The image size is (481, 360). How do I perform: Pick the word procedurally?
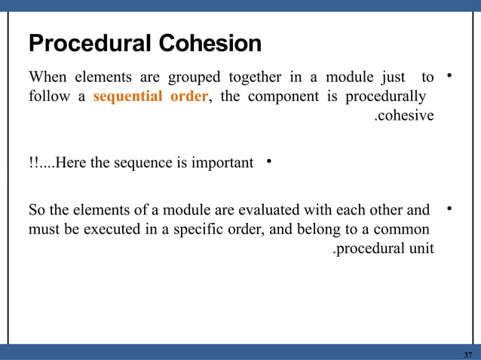tap(384, 97)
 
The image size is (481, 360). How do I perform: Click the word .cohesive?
tap(404, 116)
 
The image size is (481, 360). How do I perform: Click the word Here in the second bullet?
tap(71, 162)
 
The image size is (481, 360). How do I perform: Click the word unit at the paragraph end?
tap(421, 249)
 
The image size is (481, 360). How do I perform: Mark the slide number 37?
tap(468, 355)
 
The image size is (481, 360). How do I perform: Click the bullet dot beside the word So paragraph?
tap(449, 208)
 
